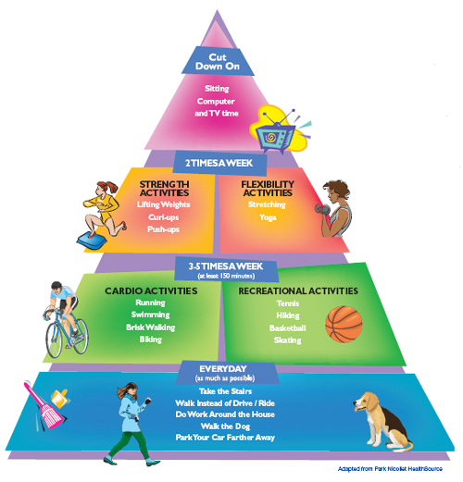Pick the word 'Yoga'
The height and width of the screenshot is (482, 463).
pyautogui.click(x=269, y=216)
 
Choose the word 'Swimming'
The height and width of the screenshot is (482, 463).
pyautogui.click(x=150, y=315)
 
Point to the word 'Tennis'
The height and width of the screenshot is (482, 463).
pyautogui.click(x=287, y=302)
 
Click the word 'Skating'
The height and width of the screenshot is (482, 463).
pyautogui.click(x=286, y=340)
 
